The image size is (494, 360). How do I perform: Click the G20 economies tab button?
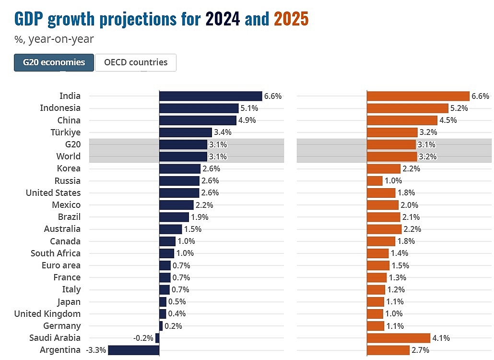coord(54,62)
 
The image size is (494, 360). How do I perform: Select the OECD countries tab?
coord(136,62)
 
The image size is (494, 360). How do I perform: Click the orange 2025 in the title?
coord(291,19)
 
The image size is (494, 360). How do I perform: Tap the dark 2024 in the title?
coord(223,19)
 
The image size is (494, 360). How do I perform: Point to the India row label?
coord(70,96)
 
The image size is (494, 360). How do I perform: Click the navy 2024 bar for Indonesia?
coord(199,108)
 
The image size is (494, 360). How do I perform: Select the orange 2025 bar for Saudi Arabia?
coord(398,338)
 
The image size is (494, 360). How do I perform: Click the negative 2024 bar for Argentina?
coord(133,350)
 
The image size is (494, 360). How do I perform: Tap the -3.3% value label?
coord(96,350)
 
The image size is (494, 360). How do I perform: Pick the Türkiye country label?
coord(66,132)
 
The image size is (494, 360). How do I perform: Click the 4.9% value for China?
coord(247,120)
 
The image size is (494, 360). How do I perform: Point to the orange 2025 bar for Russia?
coord(375,181)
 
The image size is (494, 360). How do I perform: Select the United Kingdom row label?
coord(47,314)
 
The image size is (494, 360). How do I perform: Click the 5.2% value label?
coord(459,108)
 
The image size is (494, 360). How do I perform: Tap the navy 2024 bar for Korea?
coord(179,168)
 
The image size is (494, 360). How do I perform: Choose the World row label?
coord(68,156)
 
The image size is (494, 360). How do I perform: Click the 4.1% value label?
coord(441,338)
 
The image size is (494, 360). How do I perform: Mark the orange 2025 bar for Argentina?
coord(388,350)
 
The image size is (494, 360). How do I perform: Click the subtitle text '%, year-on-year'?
coord(54,39)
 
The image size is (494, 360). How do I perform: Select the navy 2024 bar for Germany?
coord(161,326)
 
